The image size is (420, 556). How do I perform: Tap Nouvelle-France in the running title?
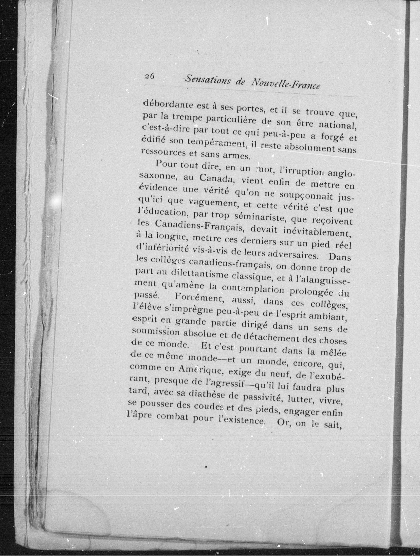click(x=286, y=84)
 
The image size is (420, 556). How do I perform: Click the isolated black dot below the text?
click(x=206, y=467)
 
